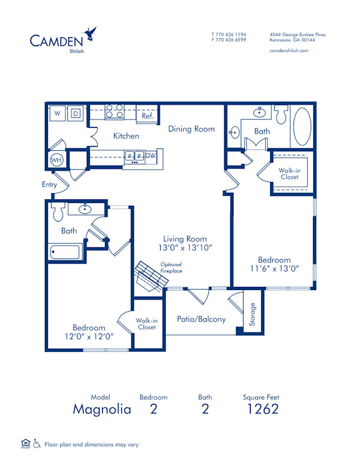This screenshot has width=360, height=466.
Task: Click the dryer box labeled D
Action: point(76,113)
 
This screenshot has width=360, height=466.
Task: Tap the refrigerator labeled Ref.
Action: point(147,116)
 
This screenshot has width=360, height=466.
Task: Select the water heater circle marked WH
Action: point(57,160)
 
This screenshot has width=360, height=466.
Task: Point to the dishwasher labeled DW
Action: point(151,156)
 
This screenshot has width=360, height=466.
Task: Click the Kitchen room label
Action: point(126,136)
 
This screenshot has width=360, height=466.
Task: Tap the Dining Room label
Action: point(191,129)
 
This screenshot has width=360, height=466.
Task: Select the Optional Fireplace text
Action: point(171,268)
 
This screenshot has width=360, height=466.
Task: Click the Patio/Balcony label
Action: point(201,319)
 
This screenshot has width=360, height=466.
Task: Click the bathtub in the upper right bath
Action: point(301,127)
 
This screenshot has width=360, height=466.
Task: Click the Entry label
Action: point(49,185)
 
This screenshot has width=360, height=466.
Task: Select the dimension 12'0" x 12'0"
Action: point(89,336)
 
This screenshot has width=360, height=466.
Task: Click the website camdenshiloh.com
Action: point(289,51)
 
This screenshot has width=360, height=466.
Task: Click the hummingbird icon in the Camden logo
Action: point(91,33)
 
